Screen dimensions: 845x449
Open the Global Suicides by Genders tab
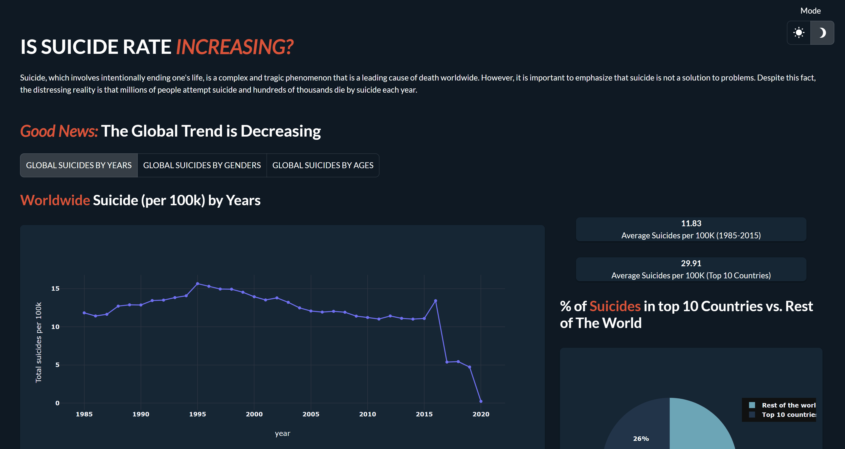(x=202, y=165)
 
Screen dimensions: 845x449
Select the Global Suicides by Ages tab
(x=323, y=165)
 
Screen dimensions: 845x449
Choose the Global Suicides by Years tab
(x=79, y=165)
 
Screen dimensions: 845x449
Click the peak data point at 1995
(x=198, y=284)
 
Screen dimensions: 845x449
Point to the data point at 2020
(x=481, y=401)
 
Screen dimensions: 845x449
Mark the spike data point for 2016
(x=436, y=301)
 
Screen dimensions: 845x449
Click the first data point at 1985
(x=84, y=313)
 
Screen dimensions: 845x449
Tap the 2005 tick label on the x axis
(x=311, y=414)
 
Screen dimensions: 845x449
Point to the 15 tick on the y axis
(x=55, y=288)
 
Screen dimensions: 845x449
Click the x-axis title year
(x=282, y=433)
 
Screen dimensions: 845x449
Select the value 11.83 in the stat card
(x=691, y=223)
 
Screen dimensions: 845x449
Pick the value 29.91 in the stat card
(x=691, y=263)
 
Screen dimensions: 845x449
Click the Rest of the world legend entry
(x=782, y=405)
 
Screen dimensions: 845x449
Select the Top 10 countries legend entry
(x=782, y=415)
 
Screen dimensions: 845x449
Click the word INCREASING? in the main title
(x=235, y=47)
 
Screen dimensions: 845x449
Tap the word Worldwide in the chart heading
(x=55, y=200)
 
